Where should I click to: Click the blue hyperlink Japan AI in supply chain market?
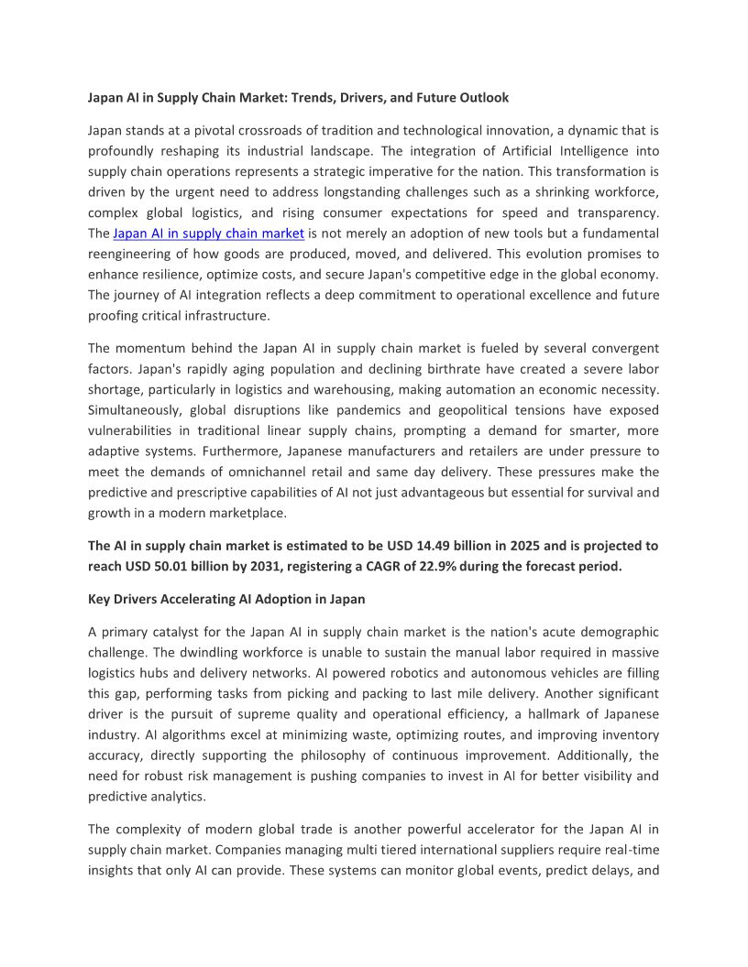tap(208, 234)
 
